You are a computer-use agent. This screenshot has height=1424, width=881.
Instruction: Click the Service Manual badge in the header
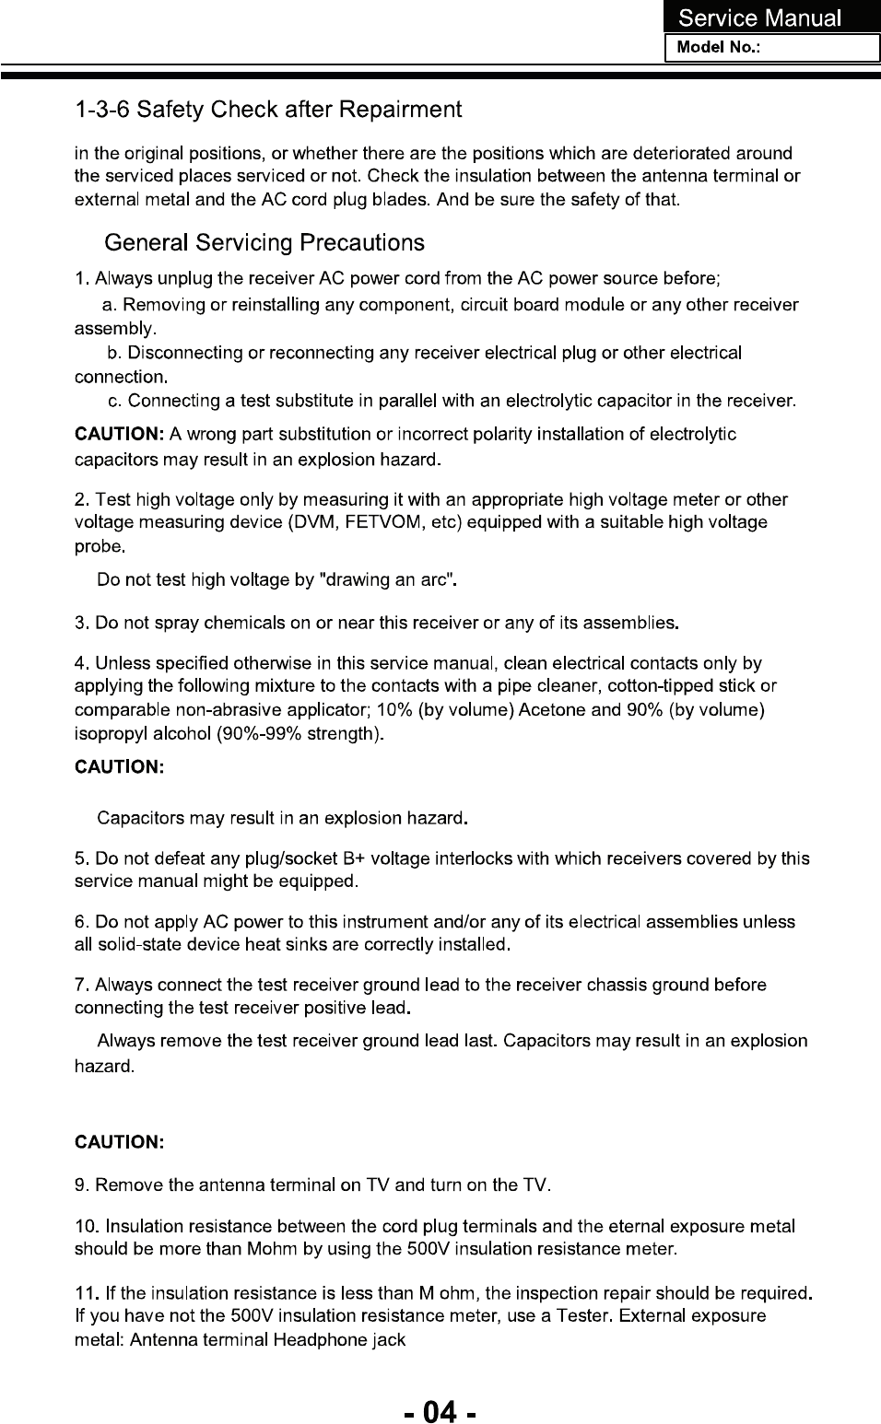760,18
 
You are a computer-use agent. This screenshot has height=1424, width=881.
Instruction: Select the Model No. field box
772,48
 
